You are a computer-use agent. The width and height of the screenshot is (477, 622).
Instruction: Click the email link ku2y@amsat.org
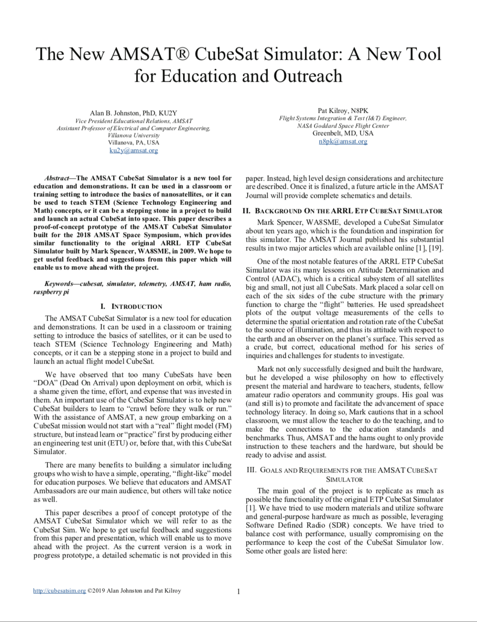pyautogui.click(x=133, y=150)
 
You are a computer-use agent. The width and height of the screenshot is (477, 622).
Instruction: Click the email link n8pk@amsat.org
pyautogui.click(x=343, y=141)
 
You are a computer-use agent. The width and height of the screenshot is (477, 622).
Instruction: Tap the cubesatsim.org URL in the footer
pyautogui.click(x=60, y=591)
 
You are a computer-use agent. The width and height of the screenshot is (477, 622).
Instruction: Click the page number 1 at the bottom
pyautogui.click(x=238, y=592)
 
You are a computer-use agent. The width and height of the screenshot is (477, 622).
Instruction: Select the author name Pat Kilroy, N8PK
pyautogui.click(x=343, y=110)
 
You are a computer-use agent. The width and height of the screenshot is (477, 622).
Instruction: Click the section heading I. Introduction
pyautogui.click(x=132, y=306)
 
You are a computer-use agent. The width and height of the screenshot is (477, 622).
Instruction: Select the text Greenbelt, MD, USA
pyautogui.click(x=343, y=133)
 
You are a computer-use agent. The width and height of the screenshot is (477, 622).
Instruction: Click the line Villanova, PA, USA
pyautogui.click(x=133, y=143)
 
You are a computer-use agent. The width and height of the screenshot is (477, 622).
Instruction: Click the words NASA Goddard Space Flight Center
pyautogui.click(x=343, y=126)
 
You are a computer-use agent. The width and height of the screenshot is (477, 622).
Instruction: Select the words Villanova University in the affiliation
pyautogui.click(x=133, y=135)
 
